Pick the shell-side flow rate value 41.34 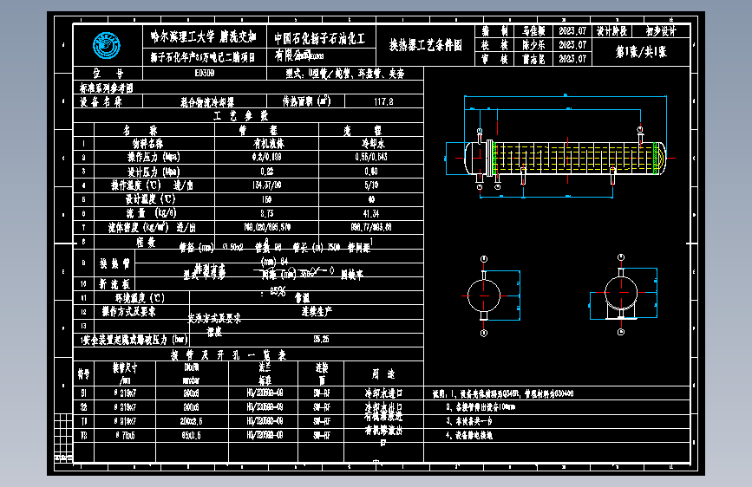(370, 212)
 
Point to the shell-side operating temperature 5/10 (370, 185)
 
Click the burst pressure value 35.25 (321, 339)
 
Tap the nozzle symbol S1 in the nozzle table (84, 392)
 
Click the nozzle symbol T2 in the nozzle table (84, 433)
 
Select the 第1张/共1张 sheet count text (641, 52)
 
